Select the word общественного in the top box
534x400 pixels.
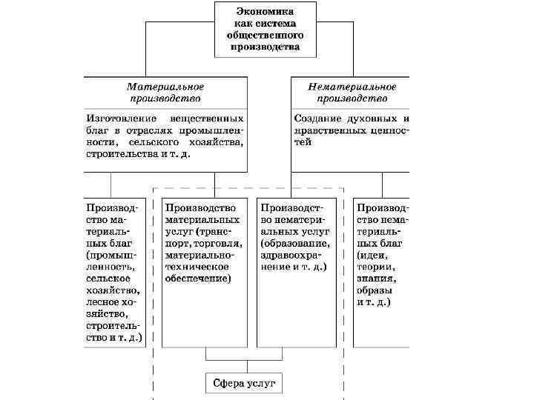[x=265, y=34]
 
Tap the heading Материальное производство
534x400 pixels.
[x=165, y=92]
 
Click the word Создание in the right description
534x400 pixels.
[x=318, y=119]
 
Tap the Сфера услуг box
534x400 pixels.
[x=243, y=383]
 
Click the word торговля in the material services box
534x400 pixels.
[x=218, y=244]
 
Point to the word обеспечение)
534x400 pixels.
[x=198, y=279]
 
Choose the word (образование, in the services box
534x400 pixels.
[x=294, y=244]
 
